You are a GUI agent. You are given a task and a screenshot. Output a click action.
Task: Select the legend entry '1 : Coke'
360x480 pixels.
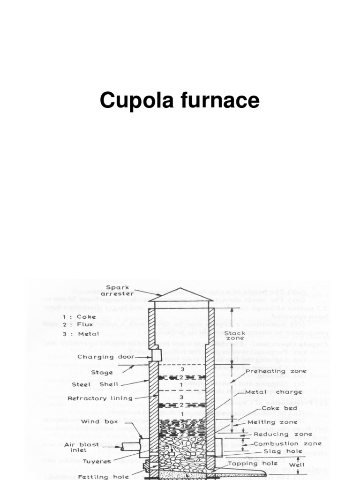click(80, 316)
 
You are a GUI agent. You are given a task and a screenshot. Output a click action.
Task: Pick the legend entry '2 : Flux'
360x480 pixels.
click(80, 324)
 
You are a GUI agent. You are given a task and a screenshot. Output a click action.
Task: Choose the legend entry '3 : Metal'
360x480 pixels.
click(82, 334)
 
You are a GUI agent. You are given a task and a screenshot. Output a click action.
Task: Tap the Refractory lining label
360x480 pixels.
click(100, 398)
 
